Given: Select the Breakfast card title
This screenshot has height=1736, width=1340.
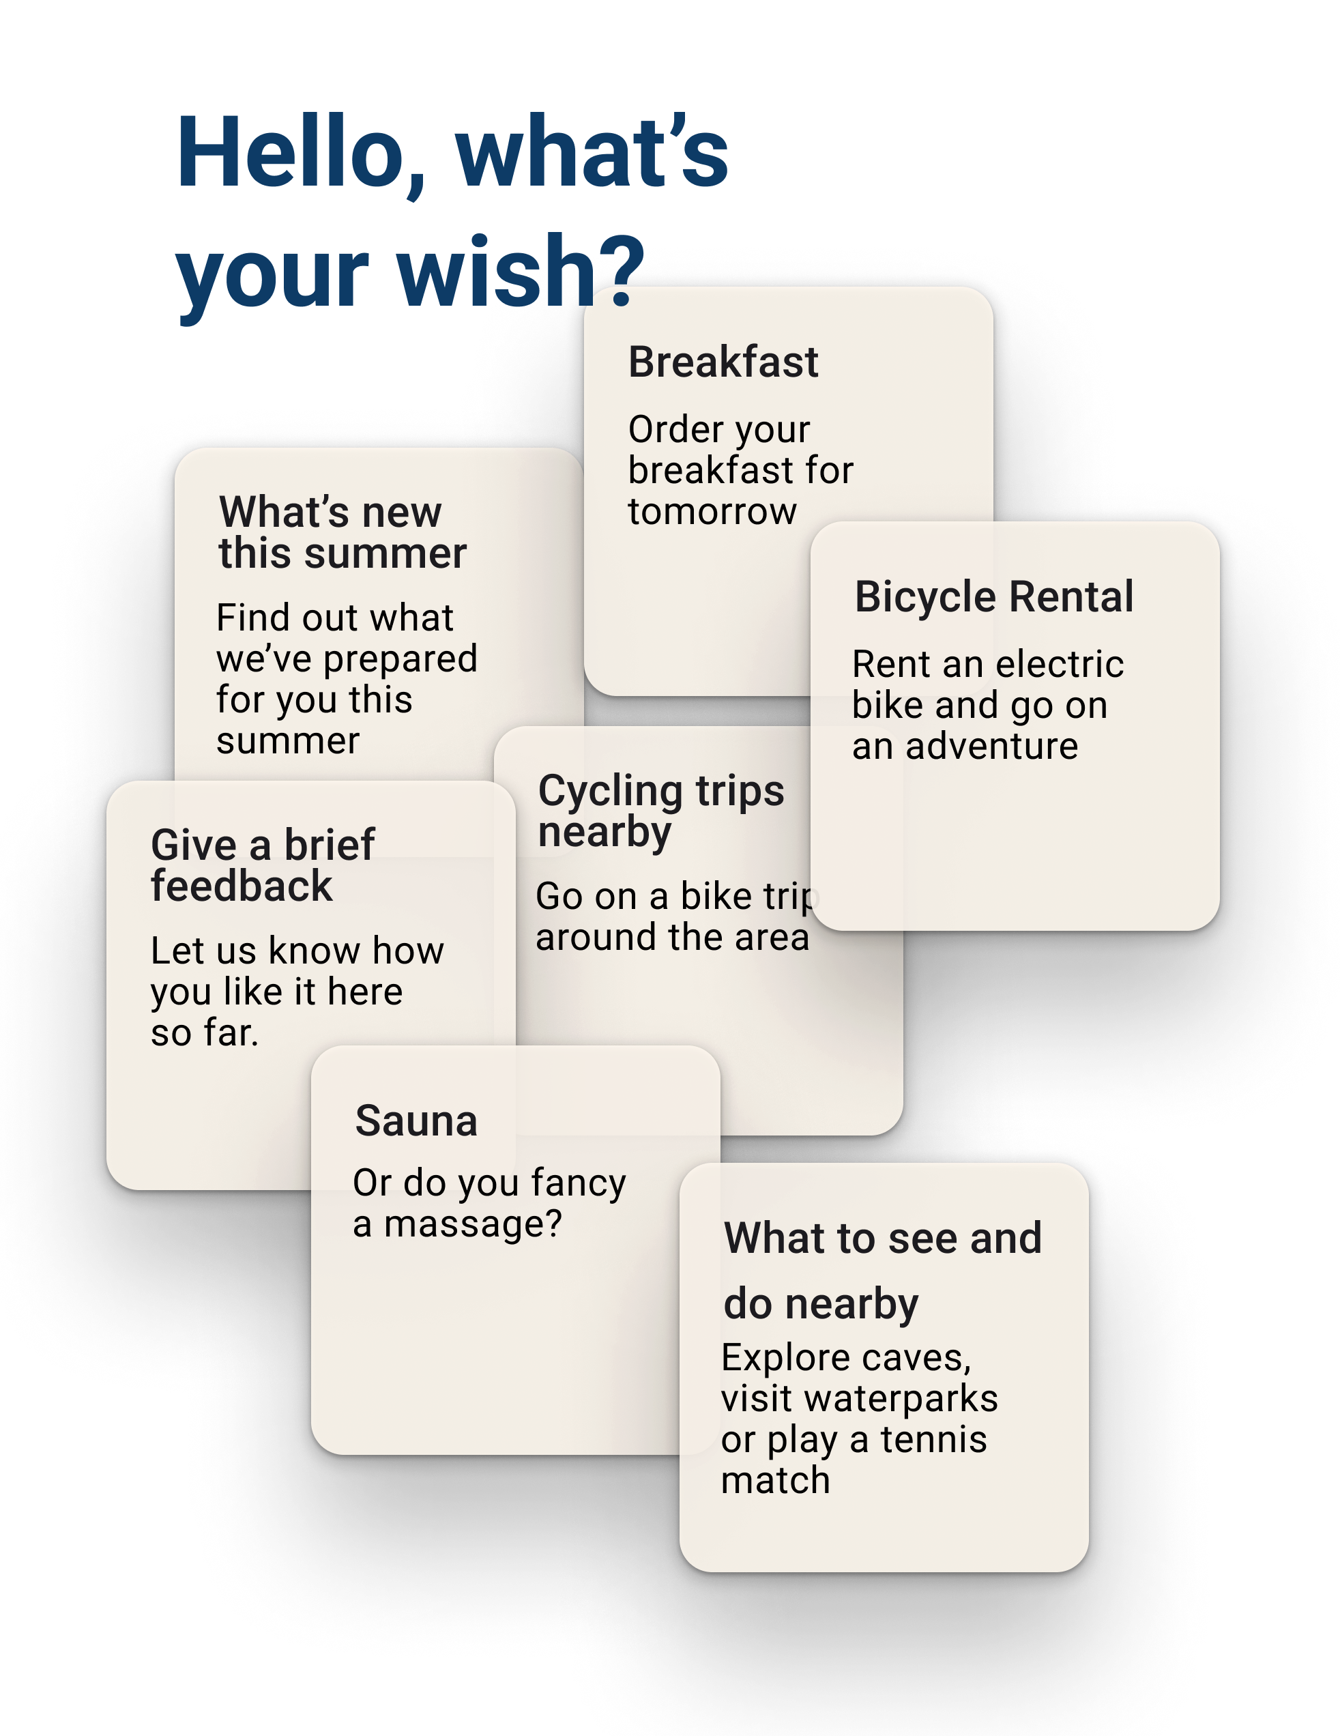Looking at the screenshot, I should (x=723, y=362).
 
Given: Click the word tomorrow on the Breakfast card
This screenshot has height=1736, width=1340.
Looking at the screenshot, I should (x=712, y=511).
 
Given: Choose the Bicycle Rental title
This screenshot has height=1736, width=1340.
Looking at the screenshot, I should (x=993, y=597).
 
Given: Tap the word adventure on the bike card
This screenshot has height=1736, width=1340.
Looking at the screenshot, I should (x=992, y=747).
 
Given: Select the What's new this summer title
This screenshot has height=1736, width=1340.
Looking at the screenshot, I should (x=342, y=532).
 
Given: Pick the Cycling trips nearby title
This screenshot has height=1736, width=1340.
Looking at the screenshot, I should (x=660, y=811).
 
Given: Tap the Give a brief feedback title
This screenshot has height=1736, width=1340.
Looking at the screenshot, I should (x=262, y=865).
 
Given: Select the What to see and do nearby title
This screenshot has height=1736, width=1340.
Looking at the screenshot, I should (x=882, y=1270).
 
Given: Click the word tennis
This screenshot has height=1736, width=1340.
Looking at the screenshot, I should (x=933, y=1440).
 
